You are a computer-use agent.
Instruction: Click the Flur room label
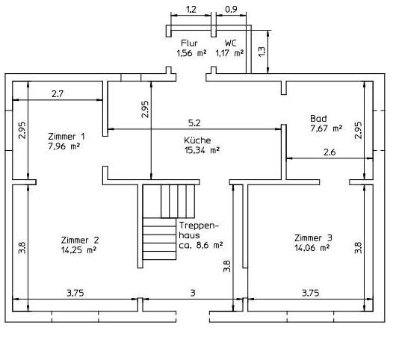189,43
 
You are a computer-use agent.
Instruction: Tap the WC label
230,43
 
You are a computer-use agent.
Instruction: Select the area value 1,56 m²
190,53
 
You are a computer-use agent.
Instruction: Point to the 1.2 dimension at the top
191,10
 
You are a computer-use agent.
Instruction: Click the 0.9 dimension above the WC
231,10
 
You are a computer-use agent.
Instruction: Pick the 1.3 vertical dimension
261,51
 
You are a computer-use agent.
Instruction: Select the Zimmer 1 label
66,137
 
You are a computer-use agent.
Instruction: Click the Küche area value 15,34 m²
198,150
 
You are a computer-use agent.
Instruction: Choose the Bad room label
318,119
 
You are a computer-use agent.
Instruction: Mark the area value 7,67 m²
326,128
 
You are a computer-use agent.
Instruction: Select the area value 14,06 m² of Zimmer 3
313,247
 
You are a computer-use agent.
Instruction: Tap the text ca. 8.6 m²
200,244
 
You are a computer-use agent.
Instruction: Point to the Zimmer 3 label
313,238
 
